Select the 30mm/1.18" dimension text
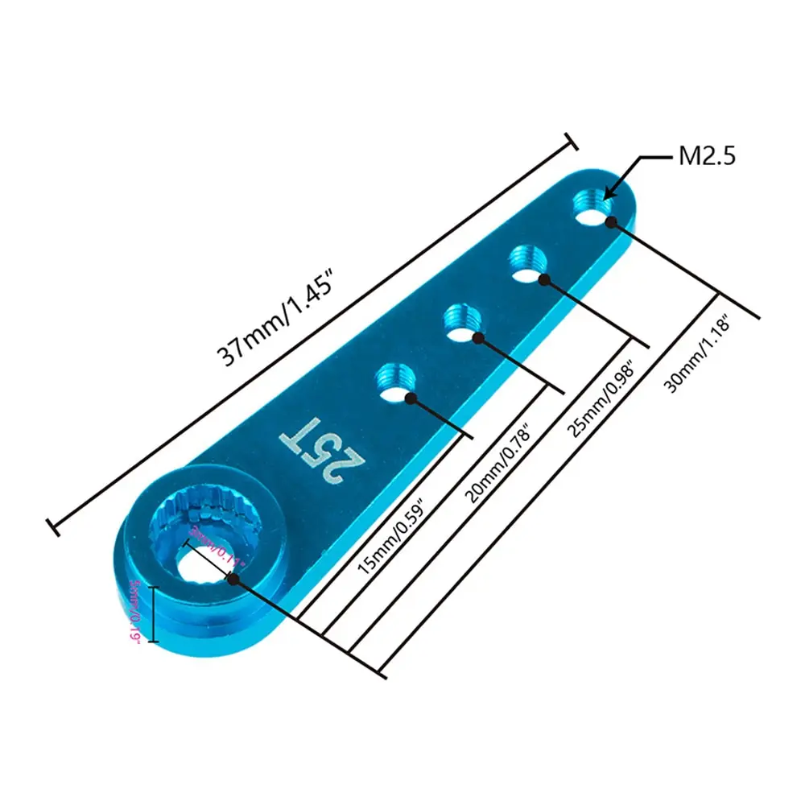click(x=697, y=353)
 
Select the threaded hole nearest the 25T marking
click(x=394, y=381)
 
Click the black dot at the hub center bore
click(x=233, y=578)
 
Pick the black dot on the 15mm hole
click(x=411, y=398)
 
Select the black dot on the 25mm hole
click(x=544, y=279)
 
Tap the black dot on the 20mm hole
click(x=478, y=338)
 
